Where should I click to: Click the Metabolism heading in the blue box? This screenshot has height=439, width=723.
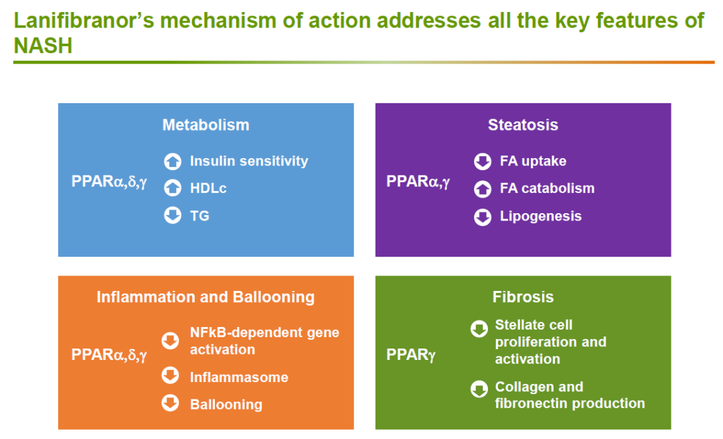pyautogui.click(x=206, y=125)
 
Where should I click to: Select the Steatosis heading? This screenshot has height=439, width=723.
pyautogui.click(x=523, y=125)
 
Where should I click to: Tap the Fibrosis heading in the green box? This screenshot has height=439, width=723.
pyautogui.click(x=523, y=297)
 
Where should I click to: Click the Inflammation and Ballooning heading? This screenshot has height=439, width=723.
pyautogui.click(x=206, y=297)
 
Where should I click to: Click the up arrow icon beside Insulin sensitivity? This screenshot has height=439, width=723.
pyautogui.click(x=173, y=161)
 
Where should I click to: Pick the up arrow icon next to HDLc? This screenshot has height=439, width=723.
pyautogui.click(x=173, y=188)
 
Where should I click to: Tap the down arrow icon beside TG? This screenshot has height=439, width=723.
pyautogui.click(x=173, y=215)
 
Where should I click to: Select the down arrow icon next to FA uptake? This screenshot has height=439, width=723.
pyautogui.click(x=483, y=161)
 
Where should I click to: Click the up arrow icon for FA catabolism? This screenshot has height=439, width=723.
pyautogui.click(x=483, y=189)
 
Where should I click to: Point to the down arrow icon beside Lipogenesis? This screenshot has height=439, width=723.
pyautogui.click(x=483, y=217)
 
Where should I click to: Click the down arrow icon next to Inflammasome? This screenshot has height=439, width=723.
pyautogui.click(x=170, y=375)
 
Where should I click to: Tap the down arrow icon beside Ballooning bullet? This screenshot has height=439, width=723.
pyautogui.click(x=170, y=403)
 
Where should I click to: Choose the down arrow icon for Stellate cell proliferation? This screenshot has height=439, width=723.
pyautogui.click(x=479, y=328)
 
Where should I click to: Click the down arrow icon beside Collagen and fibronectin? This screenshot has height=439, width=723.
pyautogui.click(x=479, y=389)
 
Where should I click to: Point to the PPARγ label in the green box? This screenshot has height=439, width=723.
pyautogui.click(x=411, y=355)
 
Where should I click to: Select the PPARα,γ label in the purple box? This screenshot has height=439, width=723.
pyautogui.click(x=418, y=182)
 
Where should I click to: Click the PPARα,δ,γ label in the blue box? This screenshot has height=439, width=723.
pyautogui.click(x=109, y=182)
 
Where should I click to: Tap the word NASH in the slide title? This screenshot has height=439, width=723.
pyautogui.click(x=44, y=46)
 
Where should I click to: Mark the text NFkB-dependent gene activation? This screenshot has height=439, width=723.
pyautogui.click(x=264, y=340)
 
